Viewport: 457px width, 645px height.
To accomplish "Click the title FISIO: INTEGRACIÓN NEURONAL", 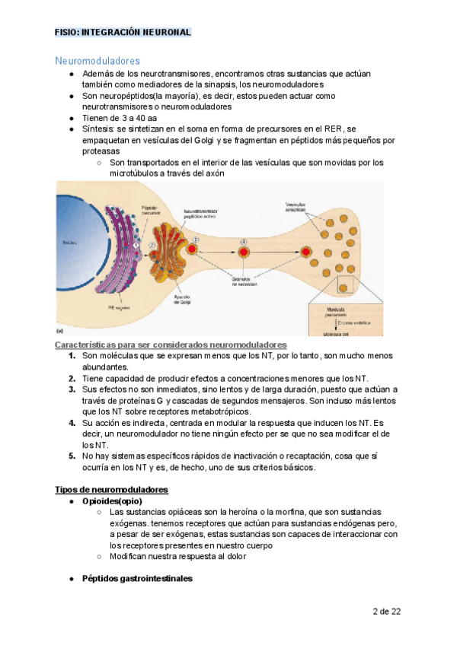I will (x=122, y=32).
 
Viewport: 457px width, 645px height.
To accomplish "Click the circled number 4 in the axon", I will (x=244, y=242).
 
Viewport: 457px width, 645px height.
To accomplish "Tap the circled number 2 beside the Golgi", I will (x=152, y=245).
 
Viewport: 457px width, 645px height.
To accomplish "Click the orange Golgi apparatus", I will (x=172, y=251).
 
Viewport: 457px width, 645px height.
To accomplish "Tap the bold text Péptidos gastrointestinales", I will (x=136, y=579).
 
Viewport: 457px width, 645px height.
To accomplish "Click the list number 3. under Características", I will (x=71, y=389).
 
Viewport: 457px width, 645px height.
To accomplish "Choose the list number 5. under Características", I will (x=71, y=456).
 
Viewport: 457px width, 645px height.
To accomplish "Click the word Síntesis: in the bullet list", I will (x=99, y=129).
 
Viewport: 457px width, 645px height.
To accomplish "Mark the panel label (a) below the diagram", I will (x=61, y=331).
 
